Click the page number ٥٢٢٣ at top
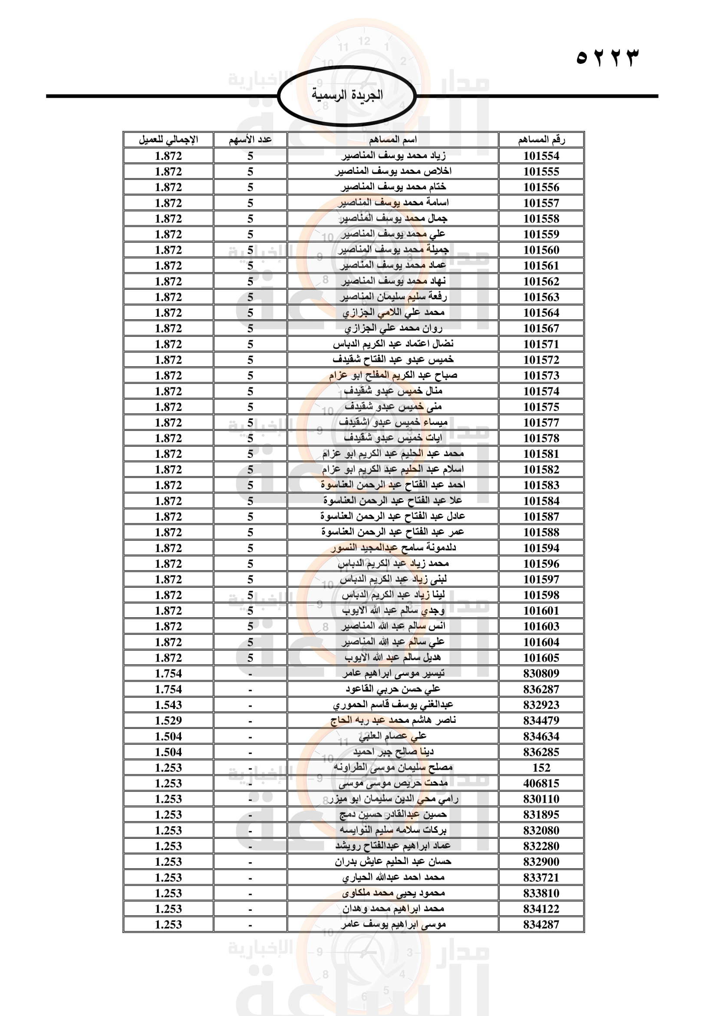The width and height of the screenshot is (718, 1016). coord(607,57)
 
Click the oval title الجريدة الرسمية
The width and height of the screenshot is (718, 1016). coord(347,95)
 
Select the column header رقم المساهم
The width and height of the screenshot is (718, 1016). coord(541,140)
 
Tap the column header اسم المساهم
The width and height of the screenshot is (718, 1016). coord(392,140)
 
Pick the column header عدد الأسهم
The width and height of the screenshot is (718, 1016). coord(250,140)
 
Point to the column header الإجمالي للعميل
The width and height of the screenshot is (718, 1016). coord(168,140)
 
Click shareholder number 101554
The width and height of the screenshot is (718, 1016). coord(541,156)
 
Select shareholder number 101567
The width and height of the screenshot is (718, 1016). coord(541,328)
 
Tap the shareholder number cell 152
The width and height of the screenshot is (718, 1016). coord(541,768)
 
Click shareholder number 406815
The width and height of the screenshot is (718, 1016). coord(541,783)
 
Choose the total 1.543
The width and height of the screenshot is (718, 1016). coord(168,705)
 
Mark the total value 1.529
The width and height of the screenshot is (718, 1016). coord(168,720)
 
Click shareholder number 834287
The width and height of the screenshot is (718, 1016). coord(541,924)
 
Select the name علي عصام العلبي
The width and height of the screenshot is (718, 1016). coord(392,736)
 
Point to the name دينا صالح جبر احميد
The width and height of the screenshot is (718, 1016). coord(392,752)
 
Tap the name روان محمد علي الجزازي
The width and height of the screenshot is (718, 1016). coord(392,328)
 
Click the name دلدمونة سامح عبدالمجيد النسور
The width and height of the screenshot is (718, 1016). coord(392,548)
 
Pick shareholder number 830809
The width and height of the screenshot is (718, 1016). coord(541,674)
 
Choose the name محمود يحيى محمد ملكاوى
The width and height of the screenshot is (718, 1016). coord(392,893)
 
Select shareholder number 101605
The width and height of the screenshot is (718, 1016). coord(541,658)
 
